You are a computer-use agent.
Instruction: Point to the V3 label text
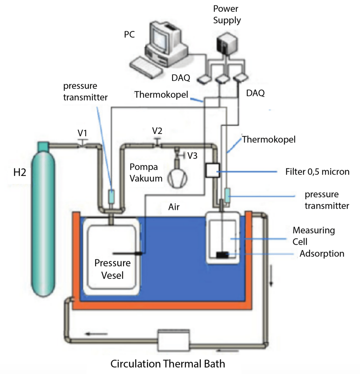pyautogui.click(x=193, y=156)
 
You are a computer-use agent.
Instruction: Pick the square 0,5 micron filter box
pyautogui.click(x=212, y=171)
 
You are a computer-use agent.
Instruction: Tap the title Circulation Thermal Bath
pyautogui.click(x=168, y=364)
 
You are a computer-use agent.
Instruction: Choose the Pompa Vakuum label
pyautogui.click(x=146, y=172)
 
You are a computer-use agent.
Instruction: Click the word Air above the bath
pyautogui.click(x=174, y=206)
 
